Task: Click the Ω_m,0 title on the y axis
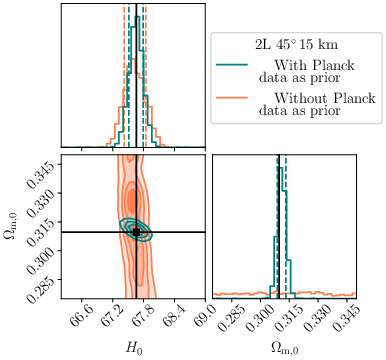click(x=12, y=225)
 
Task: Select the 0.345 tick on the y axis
click(x=44, y=163)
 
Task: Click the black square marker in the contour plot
click(x=136, y=231)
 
